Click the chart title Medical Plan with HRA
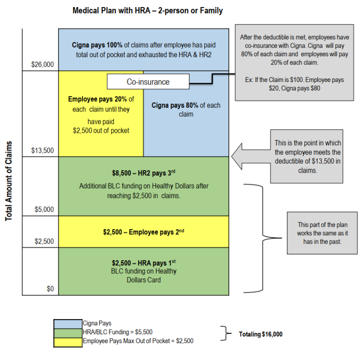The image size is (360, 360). point(148,10)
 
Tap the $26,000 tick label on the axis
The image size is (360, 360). point(43,65)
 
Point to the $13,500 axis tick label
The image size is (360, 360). point(43,150)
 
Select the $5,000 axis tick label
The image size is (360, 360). point(45,210)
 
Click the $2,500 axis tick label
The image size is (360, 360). point(45,241)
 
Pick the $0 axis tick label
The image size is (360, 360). point(50,289)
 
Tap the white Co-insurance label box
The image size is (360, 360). point(148,82)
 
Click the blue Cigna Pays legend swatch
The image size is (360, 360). point(68,323)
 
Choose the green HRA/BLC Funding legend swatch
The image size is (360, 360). point(68,332)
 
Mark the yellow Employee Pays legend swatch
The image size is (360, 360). point(68,341)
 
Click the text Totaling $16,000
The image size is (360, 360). point(261,334)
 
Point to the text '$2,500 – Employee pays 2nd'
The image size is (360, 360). point(143,232)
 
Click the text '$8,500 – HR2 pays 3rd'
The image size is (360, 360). point(143,172)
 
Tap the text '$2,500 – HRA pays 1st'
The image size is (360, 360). point(143,263)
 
